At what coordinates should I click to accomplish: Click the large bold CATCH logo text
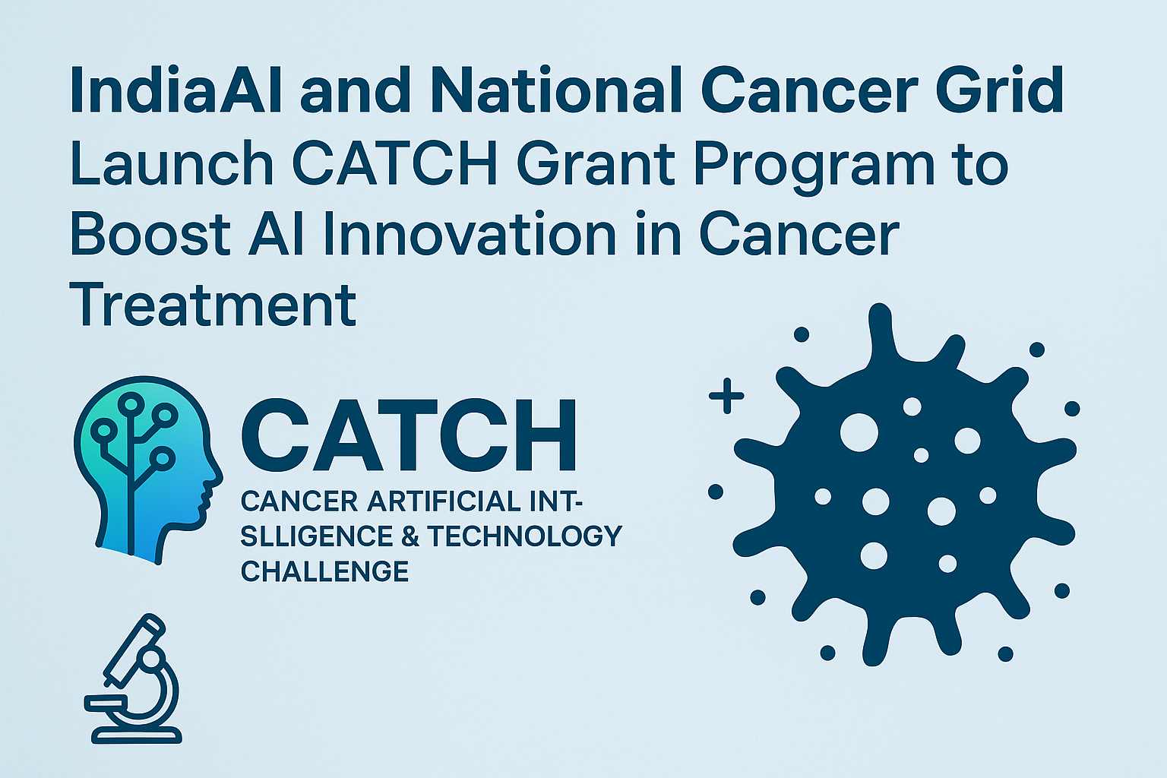(409, 438)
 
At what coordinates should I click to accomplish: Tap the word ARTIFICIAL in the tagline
(443, 501)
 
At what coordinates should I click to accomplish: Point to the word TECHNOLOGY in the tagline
(524, 536)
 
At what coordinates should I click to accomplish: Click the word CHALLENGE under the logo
(324, 571)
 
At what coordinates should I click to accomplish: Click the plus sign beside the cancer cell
(726, 396)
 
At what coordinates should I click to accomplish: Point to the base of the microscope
(137, 735)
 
